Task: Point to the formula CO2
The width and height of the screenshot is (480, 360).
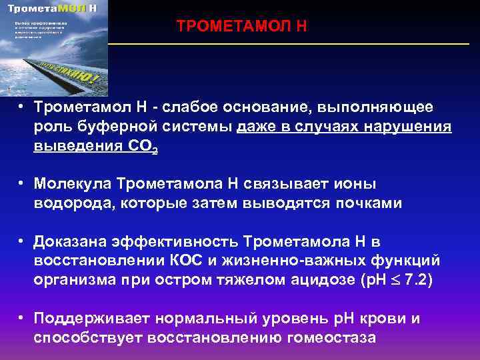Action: click(141, 147)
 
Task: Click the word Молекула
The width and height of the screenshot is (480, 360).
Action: click(75, 183)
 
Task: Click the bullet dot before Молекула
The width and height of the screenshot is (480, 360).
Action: click(22, 183)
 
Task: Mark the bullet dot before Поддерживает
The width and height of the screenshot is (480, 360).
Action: click(22, 318)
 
